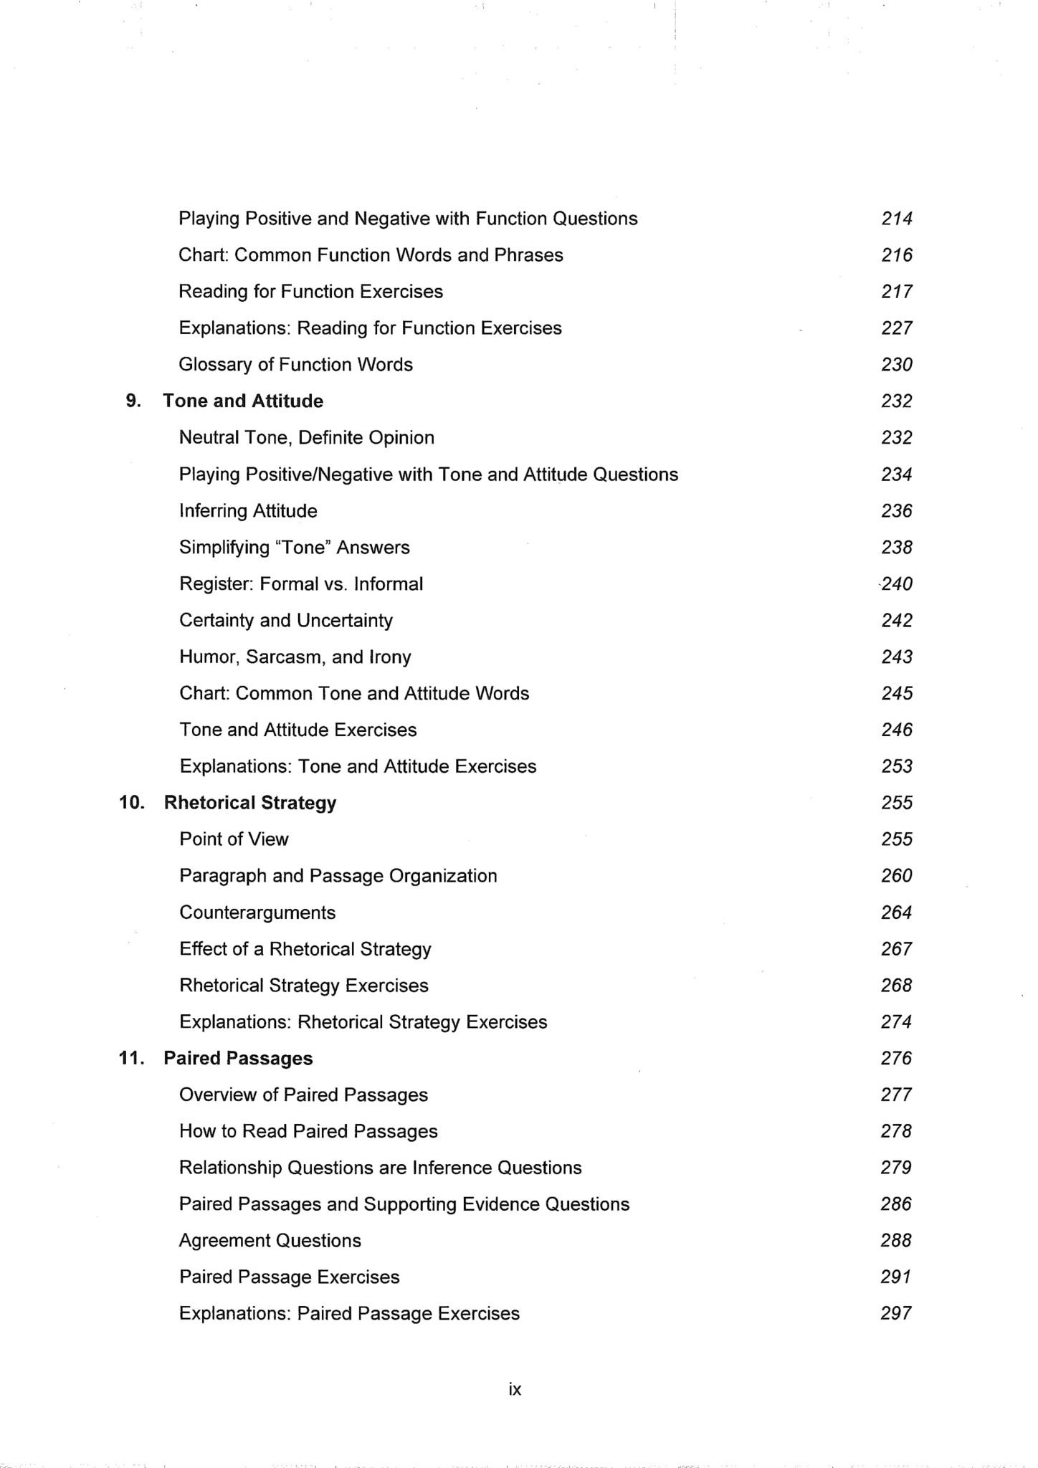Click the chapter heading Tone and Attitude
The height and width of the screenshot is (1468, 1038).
[243, 401]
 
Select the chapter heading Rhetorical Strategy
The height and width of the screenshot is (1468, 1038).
[250, 802]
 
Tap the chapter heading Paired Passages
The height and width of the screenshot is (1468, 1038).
[238, 1058]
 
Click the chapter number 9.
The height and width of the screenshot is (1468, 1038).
[133, 401]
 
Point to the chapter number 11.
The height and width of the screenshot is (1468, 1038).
[132, 1058]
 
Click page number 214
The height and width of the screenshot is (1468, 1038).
[896, 219]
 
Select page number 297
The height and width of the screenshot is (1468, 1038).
[895, 1313]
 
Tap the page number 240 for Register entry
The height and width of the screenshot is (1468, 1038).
[897, 584]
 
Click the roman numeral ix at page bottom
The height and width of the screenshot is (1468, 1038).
[515, 1389]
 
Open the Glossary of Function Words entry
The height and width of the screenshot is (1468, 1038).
[295, 365]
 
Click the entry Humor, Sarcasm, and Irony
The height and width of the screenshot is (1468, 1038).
[295, 657]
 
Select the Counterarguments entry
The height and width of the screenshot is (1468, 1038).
[257, 912]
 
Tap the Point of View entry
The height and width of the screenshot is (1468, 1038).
[234, 839]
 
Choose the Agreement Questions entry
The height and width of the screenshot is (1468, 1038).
[270, 1241]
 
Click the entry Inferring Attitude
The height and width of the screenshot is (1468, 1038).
[248, 511]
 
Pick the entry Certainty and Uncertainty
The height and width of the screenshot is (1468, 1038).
[286, 620]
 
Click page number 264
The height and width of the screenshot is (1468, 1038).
[896, 912]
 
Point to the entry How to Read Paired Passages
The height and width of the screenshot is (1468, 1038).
[308, 1131]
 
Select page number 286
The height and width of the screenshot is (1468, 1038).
[895, 1204]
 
